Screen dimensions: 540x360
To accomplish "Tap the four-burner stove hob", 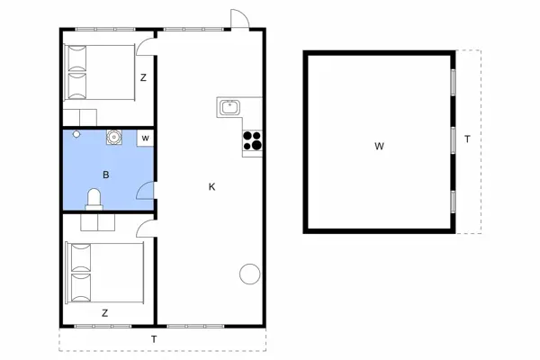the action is coord(252,140).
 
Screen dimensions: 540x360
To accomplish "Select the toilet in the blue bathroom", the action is coord(94,199).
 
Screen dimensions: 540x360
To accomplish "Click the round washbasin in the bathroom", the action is coord(113,137).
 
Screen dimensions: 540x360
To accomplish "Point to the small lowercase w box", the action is coord(145,138).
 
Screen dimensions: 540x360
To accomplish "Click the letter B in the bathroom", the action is coord(106,175).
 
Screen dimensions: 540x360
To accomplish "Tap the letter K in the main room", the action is coord(212,186).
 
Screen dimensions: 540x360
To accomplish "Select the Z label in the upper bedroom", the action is coord(143,77).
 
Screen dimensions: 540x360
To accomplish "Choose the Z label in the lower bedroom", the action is coord(105,313).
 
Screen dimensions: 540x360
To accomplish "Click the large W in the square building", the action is coord(379,146).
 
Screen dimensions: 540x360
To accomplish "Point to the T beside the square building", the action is coord(467,139).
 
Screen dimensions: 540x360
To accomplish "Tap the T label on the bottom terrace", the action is coord(154,339).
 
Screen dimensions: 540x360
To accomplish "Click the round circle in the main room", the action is coord(249,274).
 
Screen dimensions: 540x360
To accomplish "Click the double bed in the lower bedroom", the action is coord(104,273).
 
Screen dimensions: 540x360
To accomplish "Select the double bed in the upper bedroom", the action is coord(99,72).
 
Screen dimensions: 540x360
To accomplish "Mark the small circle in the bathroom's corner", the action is coord(76,134).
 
